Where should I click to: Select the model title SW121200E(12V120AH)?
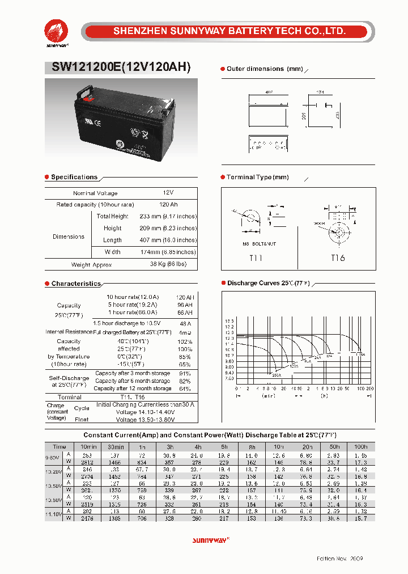[121, 66]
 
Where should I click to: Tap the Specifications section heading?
[74, 177]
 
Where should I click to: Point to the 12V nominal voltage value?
[168, 193]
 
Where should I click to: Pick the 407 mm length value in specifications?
[168, 240]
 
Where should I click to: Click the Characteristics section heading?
[76, 284]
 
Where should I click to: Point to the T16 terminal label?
[338, 258]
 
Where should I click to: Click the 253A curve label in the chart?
[276, 375]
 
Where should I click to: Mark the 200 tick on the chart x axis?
[369, 389]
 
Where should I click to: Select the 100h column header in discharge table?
[360, 446]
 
